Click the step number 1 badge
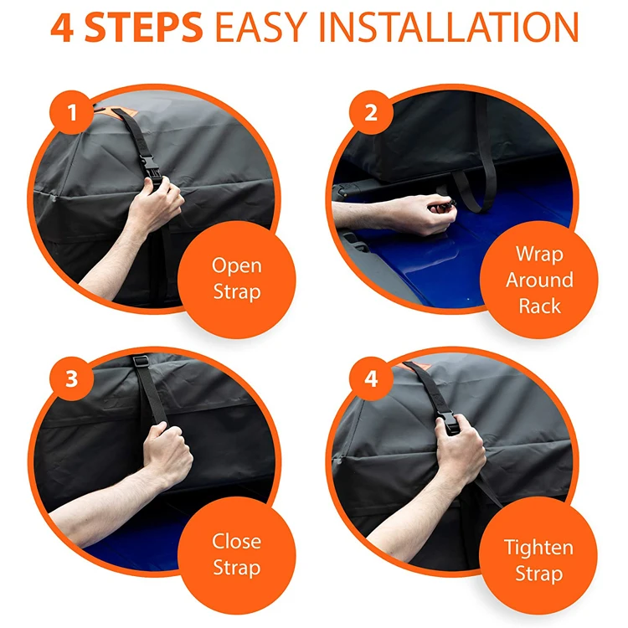point(72,112)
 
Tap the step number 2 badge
point(371,112)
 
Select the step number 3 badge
point(72,378)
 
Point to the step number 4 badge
point(371,378)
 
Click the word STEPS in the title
point(144,28)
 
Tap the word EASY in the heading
point(261,28)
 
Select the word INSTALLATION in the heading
point(449,28)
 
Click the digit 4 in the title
point(62,28)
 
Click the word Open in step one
point(237,266)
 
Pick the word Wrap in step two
point(539,255)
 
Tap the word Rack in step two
point(539,306)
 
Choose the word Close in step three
point(237,542)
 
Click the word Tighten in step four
point(538,548)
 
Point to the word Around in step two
point(539,280)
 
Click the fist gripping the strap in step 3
point(168,452)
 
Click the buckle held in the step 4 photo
point(450,423)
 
